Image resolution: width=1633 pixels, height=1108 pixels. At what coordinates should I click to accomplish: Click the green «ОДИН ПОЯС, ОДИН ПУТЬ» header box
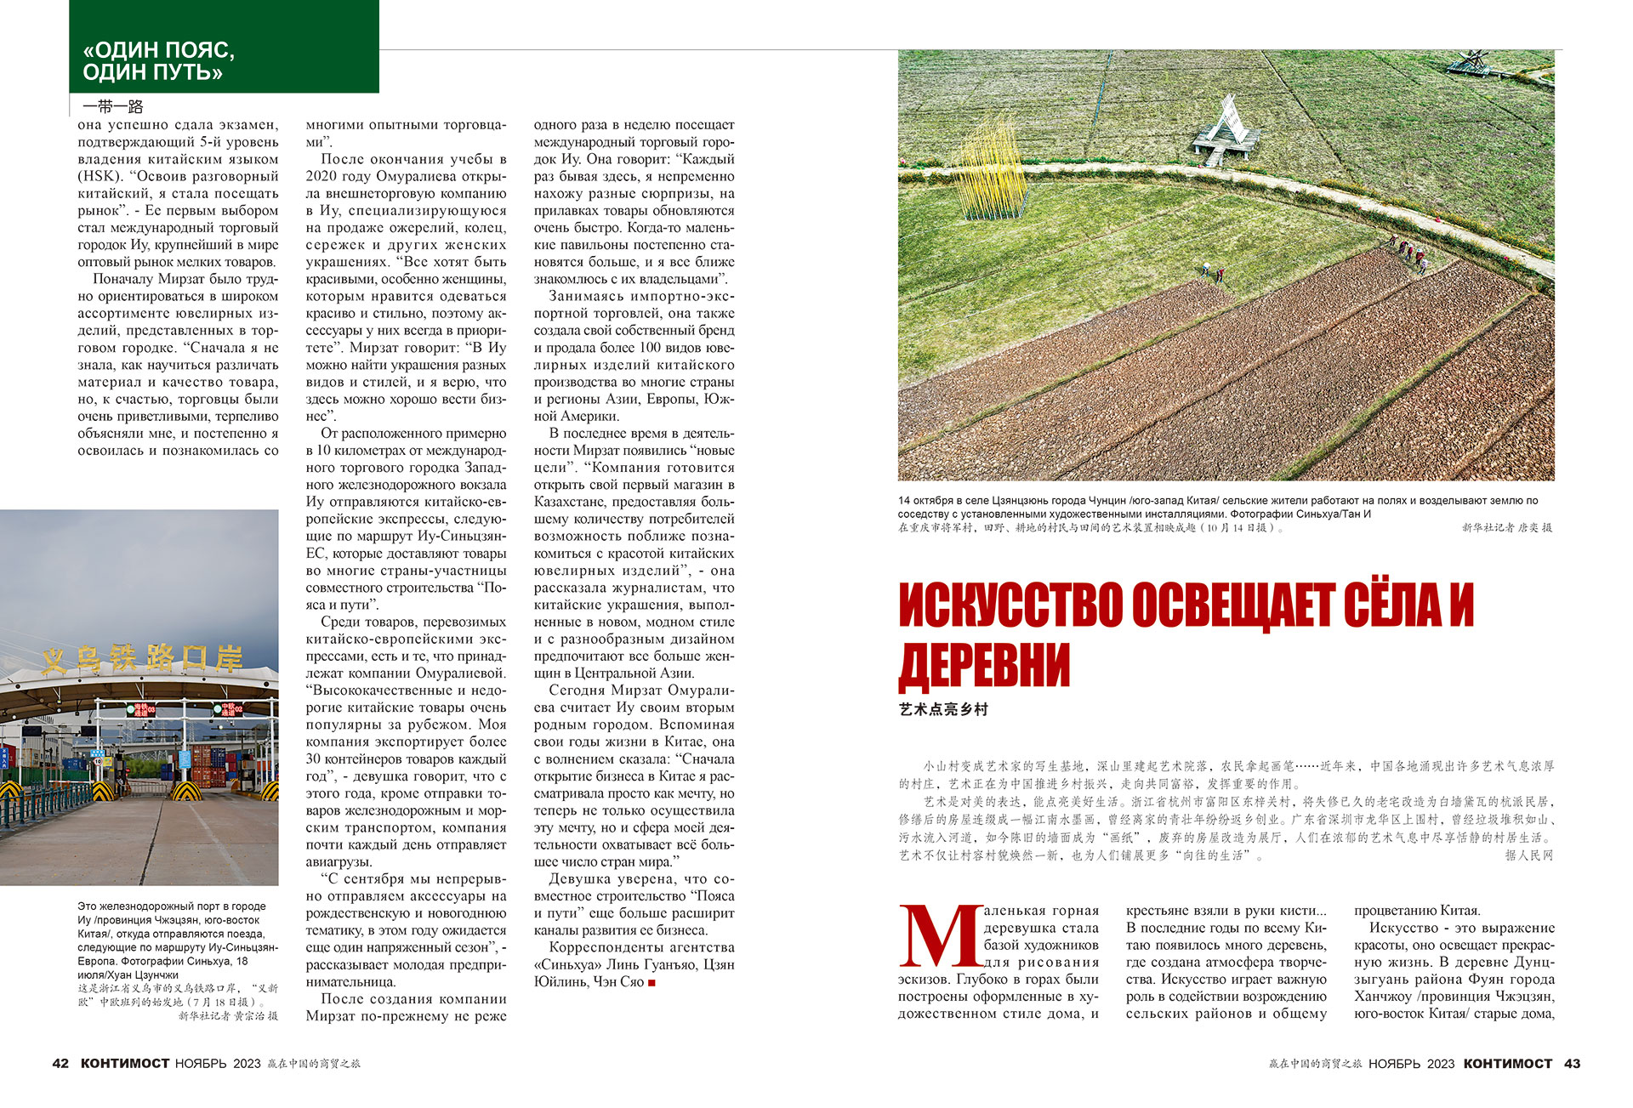click(224, 47)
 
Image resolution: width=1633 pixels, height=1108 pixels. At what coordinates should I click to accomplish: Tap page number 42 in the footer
click(60, 1064)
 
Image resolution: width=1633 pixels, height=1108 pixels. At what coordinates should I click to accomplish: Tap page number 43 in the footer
click(1572, 1064)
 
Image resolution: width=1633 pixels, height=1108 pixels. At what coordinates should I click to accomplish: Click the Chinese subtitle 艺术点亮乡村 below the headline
click(943, 709)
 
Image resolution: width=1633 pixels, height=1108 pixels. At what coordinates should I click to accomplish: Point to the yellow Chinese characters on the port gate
click(143, 657)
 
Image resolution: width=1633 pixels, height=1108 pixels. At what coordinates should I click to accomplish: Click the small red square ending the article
click(652, 983)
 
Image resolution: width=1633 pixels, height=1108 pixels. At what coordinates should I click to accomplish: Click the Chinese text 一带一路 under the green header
click(113, 107)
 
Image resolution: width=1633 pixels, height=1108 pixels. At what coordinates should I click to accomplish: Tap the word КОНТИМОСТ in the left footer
click(125, 1064)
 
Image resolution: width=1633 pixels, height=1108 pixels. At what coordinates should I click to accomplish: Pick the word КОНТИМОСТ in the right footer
click(1508, 1064)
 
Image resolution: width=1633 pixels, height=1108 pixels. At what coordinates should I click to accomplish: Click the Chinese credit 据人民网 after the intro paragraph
click(1528, 855)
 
